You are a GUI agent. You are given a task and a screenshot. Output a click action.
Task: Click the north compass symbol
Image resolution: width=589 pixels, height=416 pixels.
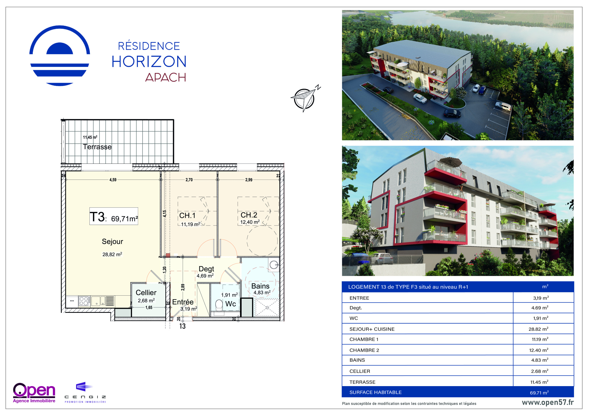click(305, 99)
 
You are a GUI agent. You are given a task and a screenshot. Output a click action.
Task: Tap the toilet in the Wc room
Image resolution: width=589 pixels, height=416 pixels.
click(219, 305)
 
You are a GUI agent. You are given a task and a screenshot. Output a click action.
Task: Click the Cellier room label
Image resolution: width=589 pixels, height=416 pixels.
click(146, 292)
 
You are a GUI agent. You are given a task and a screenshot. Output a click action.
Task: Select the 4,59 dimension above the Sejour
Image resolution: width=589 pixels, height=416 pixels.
click(113, 180)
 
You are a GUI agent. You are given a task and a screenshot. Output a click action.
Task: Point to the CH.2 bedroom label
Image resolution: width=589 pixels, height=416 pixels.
click(249, 215)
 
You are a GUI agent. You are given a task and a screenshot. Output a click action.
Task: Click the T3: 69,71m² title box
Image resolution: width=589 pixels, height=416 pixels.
click(114, 216)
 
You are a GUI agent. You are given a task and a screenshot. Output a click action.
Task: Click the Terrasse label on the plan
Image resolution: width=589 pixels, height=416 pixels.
click(97, 147)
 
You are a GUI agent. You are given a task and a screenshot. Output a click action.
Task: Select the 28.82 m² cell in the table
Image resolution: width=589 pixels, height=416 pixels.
click(538, 329)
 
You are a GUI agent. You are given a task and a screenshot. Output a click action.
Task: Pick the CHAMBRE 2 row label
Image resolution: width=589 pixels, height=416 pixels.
click(364, 350)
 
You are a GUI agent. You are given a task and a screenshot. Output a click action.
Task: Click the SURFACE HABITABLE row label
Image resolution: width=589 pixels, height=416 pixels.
click(375, 392)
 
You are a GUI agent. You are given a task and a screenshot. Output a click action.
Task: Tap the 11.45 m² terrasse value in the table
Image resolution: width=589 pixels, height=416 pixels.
click(539, 382)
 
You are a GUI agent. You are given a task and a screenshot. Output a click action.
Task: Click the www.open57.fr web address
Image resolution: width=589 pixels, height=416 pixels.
click(548, 402)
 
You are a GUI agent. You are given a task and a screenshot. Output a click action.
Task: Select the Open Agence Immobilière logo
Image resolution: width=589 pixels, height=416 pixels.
click(34, 393)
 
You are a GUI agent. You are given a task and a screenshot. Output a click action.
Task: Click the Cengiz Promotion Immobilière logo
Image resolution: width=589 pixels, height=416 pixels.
click(85, 392)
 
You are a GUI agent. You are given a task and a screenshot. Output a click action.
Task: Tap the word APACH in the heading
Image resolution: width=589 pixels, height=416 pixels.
click(166, 77)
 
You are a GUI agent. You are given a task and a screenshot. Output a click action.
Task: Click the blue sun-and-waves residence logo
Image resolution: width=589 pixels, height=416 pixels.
click(60, 55)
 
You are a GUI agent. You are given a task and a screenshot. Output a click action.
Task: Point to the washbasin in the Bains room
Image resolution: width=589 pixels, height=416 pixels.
click(274, 265)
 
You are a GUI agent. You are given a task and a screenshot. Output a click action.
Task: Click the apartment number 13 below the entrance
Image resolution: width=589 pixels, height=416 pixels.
click(182, 326)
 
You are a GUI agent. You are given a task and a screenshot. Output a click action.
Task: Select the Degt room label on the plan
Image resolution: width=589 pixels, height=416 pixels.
click(206, 269)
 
